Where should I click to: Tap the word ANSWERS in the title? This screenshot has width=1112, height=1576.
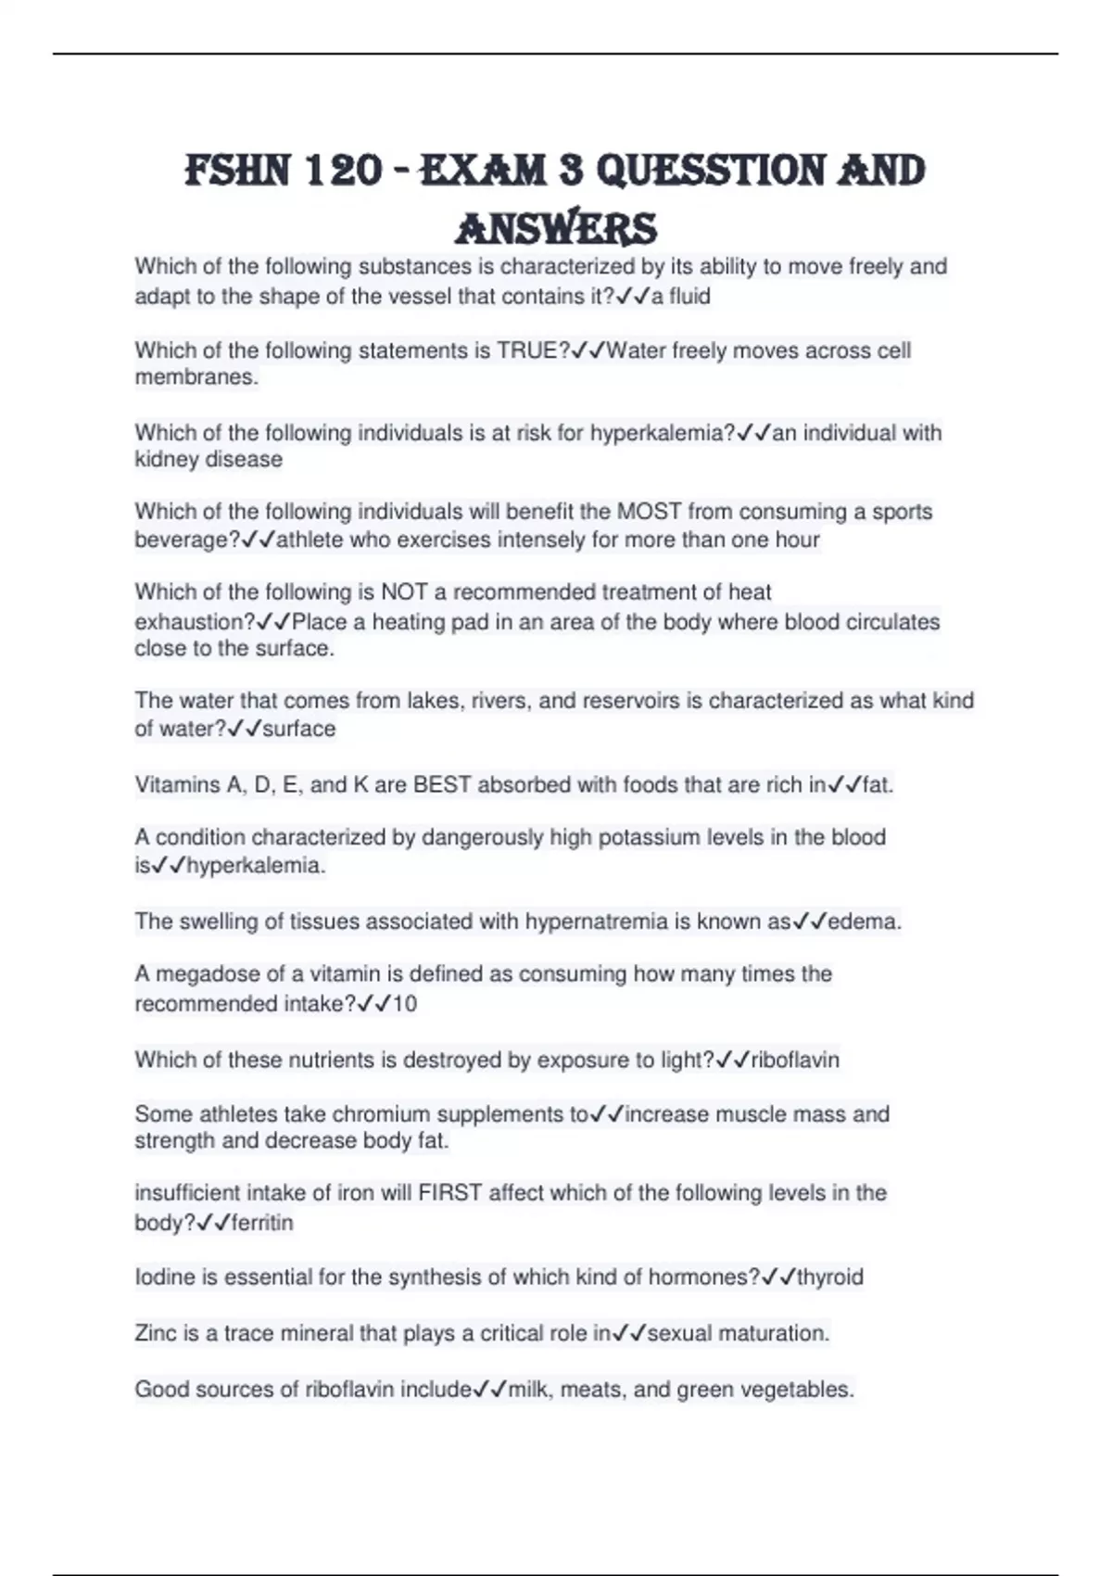click(x=557, y=228)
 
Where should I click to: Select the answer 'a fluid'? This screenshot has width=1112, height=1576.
click(x=680, y=297)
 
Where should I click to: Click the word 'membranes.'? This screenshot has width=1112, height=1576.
click(x=196, y=377)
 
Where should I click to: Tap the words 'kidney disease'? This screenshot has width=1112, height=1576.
click(x=208, y=460)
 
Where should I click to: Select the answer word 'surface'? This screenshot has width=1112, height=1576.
click(x=298, y=729)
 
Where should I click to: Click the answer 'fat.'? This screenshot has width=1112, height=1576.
click(x=878, y=785)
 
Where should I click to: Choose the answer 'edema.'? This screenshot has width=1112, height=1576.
click(x=864, y=921)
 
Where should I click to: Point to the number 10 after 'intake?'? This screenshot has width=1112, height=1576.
click(x=405, y=1004)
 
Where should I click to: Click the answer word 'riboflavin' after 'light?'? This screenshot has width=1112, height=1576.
click(x=795, y=1060)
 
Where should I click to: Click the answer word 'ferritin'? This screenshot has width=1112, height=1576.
click(x=262, y=1223)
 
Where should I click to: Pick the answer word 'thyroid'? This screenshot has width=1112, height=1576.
click(x=830, y=1277)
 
